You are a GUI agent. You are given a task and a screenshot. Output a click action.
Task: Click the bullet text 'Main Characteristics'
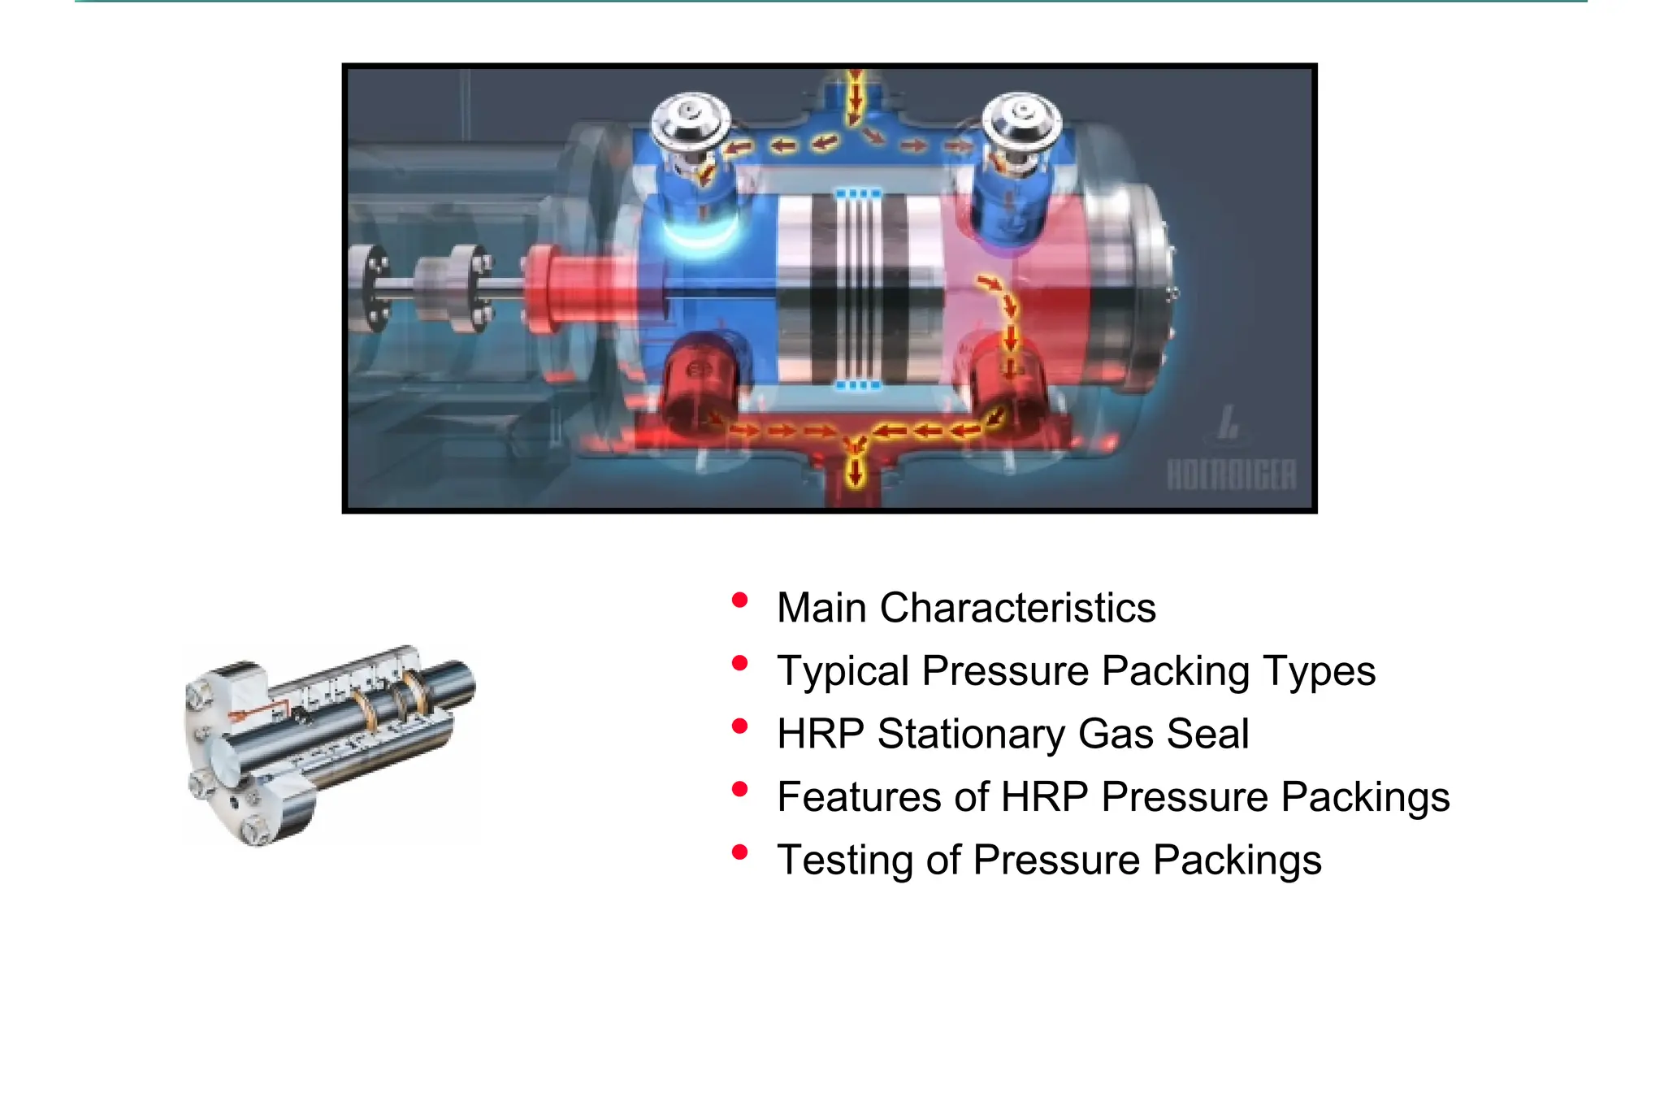tap(965, 608)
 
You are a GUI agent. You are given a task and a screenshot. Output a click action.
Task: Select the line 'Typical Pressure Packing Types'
tap(1076, 671)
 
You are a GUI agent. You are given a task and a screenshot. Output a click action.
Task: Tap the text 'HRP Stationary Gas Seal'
tap(1012, 734)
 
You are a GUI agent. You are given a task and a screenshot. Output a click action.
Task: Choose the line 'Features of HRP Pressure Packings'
tap(1113, 797)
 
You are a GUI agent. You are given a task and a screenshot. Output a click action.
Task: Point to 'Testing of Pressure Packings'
tap(1049, 860)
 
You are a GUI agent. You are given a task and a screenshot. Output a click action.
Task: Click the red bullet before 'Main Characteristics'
tap(739, 601)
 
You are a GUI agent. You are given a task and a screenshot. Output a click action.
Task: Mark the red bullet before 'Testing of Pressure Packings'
tap(739, 852)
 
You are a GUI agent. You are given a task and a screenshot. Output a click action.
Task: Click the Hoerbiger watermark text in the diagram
tap(1231, 475)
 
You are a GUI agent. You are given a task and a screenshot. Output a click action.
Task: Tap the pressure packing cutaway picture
tap(329, 744)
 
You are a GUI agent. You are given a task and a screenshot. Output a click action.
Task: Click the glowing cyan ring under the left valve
tap(700, 236)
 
